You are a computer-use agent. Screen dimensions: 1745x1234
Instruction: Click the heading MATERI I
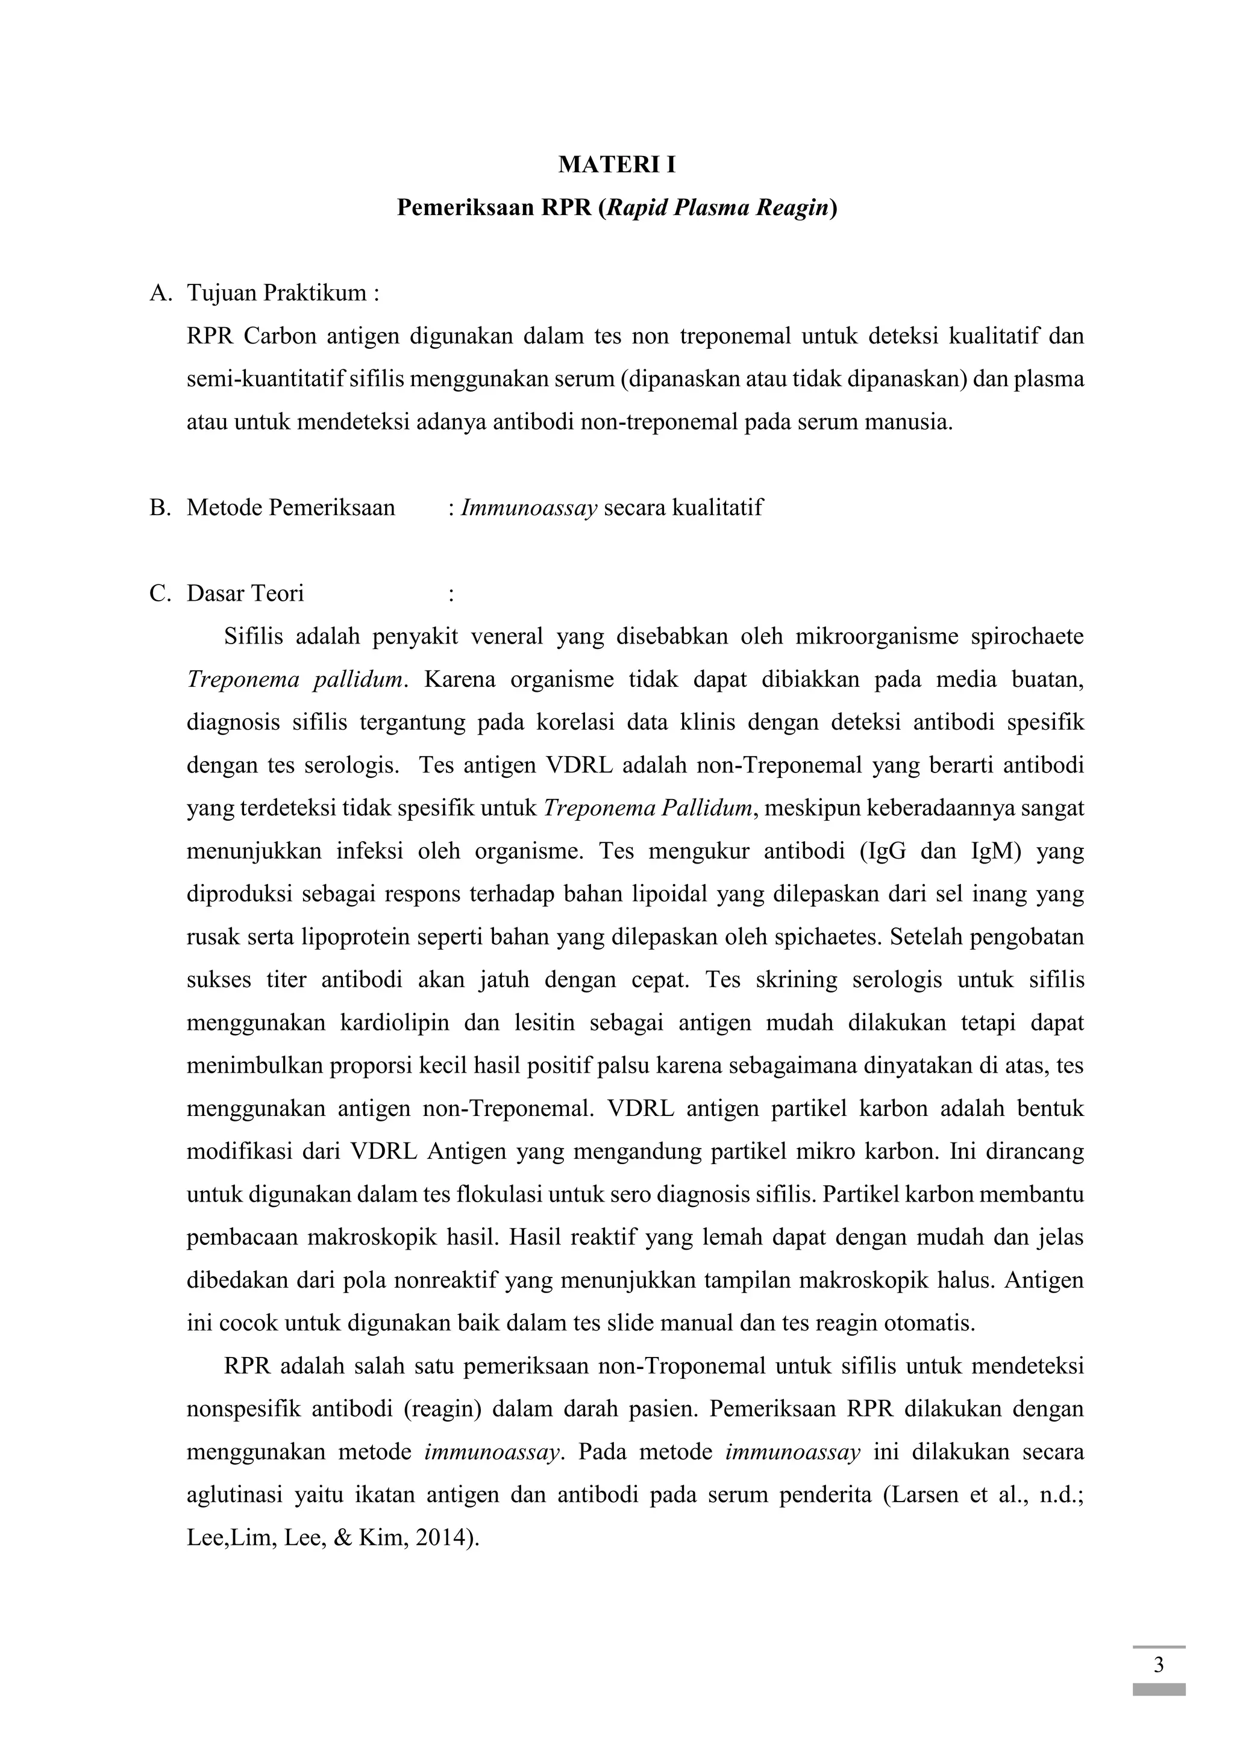(x=616, y=165)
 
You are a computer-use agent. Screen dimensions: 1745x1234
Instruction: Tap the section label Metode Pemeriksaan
(x=291, y=508)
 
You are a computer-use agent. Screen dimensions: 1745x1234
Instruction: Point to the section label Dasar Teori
(x=245, y=594)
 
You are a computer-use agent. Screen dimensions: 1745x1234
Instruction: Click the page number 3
(x=1158, y=1666)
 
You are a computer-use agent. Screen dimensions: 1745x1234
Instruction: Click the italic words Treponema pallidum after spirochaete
(x=294, y=680)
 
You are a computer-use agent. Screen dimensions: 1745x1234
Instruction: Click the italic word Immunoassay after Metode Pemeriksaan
(x=529, y=508)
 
